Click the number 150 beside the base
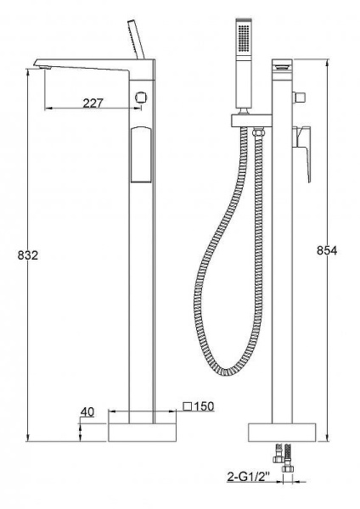tap(203, 406)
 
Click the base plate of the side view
tap(143, 431)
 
